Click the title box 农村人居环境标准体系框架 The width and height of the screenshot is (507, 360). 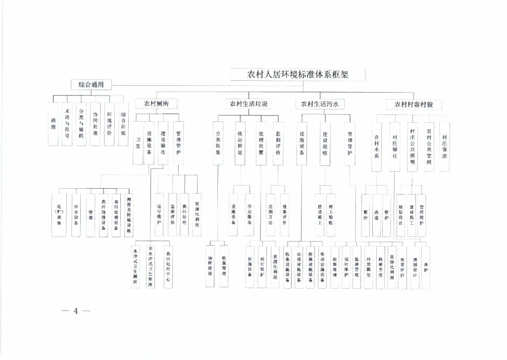(x=298, y=75)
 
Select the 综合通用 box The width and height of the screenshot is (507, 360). (x=91, y=85)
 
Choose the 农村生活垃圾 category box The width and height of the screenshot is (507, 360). (x=249, y=104)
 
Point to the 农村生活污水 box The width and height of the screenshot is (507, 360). (x=320, y=104)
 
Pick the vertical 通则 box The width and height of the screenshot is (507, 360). (x=53, y=124)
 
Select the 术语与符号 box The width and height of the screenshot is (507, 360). (x=67, y=124)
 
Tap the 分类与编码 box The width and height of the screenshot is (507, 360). (x=81, y=124)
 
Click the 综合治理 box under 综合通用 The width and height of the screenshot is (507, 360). (x=123, y=124)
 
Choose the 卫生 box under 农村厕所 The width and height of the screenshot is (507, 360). (x=139, y=143)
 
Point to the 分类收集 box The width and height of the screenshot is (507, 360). (x=218, y=143)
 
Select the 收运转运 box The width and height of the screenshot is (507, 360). (x=240, y=143)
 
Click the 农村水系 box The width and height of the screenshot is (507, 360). (x=377, y=147)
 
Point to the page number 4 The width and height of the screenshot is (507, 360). (x=76, y=311)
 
